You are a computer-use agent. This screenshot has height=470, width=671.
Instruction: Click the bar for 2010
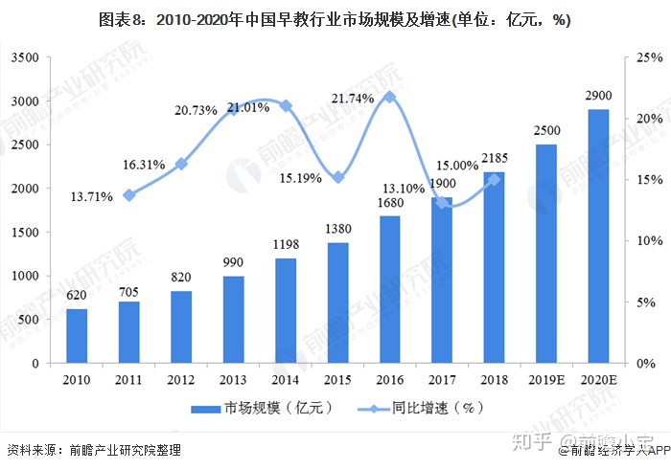[x=77, y=335]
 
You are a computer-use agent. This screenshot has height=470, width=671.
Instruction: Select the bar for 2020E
[x=598, y=236]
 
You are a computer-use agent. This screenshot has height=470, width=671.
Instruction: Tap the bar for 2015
[x=337, y=302]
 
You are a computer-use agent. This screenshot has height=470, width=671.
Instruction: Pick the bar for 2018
[x=494, y=268]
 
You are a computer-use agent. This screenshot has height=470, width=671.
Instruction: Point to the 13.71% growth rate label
[x=92, y=196]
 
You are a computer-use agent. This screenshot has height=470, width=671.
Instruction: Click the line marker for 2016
[x=389, y=97]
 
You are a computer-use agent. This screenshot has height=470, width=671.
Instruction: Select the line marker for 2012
[x=181, y=164]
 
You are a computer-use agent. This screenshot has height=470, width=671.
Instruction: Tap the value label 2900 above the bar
[x=598, y=97]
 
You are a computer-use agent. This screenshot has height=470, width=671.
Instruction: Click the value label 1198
[x=286, y=246]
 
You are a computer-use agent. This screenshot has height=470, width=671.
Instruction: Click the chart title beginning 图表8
[x=335, y=20]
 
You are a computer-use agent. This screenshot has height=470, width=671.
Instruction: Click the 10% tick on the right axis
[x=649, y=241]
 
